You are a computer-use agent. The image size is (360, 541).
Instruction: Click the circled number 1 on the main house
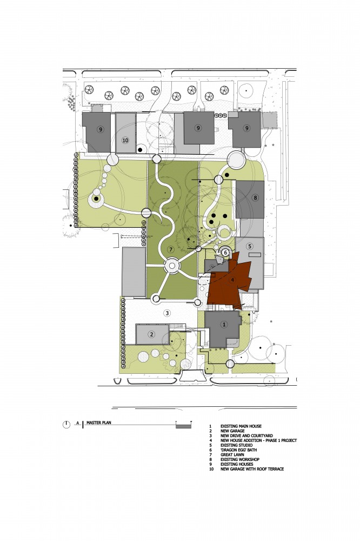[224, 324]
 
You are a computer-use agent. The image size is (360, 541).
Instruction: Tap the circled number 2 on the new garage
[151, 334]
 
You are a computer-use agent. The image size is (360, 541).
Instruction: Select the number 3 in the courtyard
[167, 313]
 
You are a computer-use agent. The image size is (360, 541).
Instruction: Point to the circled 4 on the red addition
[232, 280]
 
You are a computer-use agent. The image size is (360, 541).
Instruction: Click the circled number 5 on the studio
[250, 246]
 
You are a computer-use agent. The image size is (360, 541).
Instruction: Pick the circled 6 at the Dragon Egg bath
[225, 252]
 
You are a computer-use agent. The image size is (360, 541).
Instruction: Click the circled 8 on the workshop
[255, 197]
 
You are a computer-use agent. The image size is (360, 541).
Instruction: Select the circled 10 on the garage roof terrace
[125, 141]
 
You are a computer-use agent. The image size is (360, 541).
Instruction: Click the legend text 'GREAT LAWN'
[232, 455]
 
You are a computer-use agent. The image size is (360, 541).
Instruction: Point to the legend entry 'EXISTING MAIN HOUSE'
[241, 426]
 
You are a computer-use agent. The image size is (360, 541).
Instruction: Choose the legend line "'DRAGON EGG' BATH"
[238, 450]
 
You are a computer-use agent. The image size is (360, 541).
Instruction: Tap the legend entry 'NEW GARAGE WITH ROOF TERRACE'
[252, 469]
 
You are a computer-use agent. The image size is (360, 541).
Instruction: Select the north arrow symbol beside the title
[66, 424]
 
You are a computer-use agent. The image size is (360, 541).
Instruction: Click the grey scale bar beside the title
[183, 426]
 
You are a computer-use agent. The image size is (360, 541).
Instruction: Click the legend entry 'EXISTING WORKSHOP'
[240, 459]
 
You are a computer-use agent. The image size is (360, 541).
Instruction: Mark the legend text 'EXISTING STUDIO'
[237, 445]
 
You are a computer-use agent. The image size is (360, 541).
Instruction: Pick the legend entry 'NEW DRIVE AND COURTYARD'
[246, 436]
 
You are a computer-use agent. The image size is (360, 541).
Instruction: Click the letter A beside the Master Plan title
[78, 423]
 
